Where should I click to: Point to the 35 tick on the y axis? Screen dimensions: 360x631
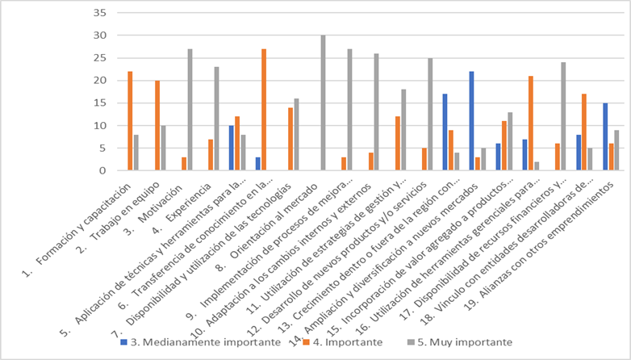(99, 13)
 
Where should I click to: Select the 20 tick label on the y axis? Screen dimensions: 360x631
(99, 81)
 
